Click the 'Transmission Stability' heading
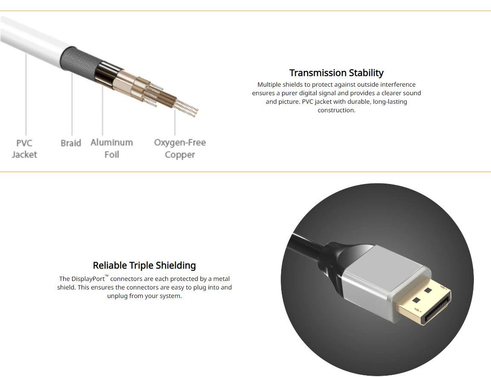(x=336, y=73)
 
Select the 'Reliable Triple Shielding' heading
(x=144, y=266)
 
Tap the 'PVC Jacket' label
(x=24, y=149)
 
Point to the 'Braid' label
(x=71, y=143)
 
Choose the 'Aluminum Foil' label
(x=112, y=149)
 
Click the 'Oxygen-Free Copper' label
(x=180, y=149)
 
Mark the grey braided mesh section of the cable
(x=78, y=64)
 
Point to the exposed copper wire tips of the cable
(x=187, y=108)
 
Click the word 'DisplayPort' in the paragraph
(x=88, y=279)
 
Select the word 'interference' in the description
(x=398, y=85)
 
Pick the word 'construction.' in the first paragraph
(x=336, y=110)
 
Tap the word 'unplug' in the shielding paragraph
(x=117, y=296)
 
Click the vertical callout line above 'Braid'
(x=72, y=104)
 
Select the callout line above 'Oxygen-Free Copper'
(x=175, y=123)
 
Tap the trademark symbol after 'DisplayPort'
(x=106, y=276)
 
